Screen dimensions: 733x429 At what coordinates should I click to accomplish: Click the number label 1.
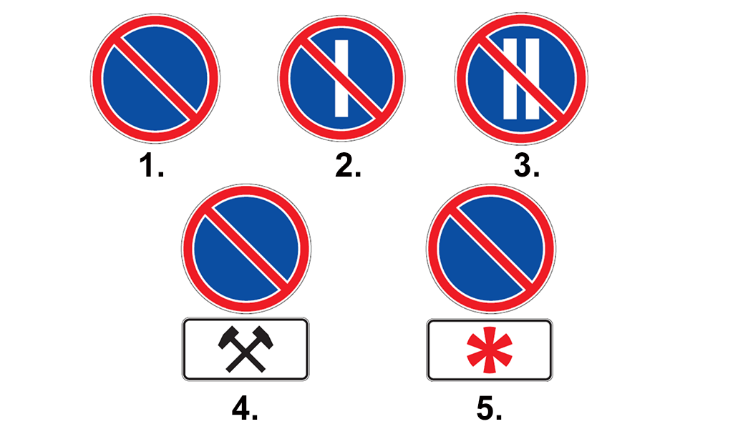(152, 166)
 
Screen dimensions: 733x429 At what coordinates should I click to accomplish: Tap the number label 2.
(349, 166)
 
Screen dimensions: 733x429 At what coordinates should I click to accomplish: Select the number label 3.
(527, 166)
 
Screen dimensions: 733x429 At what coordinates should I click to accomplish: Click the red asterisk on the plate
(490, 350)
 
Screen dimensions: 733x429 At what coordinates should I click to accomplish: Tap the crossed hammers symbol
(246, 349)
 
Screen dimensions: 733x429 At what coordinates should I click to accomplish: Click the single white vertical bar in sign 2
(341, 78)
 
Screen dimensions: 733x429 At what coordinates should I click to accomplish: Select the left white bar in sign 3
(510, 79)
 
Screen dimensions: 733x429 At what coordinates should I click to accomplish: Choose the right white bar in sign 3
(533, 79)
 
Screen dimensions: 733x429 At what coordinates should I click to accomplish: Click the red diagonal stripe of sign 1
(155, 78)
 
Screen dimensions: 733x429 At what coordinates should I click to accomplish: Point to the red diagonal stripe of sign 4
(246, 249)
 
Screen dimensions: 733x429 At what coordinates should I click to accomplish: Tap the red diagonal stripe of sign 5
(491, 249)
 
